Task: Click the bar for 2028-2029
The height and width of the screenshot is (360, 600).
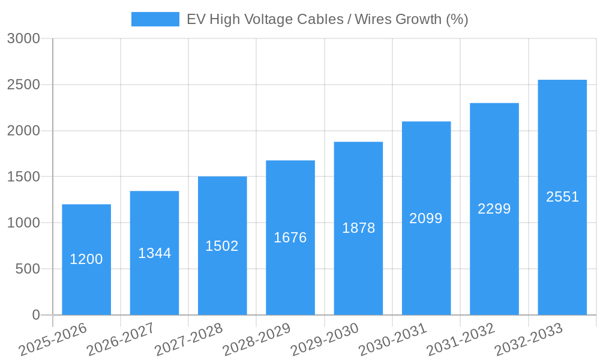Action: pyautogui.click(x=290, y=270)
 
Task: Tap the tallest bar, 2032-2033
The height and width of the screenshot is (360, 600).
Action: pyautogui.click(x=562, y=240)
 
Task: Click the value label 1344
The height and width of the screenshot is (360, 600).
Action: pyautogui.click(x=155, y=253)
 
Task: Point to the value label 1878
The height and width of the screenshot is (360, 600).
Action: pyautogui.click(x=359, y=228)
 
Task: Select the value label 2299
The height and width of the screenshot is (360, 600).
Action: pyautogui.click(x=494, y=209)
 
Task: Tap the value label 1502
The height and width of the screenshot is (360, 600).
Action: pyautogui.click(x=222, y=246)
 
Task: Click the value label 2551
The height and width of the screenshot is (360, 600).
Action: pyautogui.click(x=562, y=197)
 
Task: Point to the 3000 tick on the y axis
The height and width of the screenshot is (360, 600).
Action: pyautogui.click(x=24, y=39)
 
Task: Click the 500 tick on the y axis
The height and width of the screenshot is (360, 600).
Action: pyautogui.click(x=28, y=269)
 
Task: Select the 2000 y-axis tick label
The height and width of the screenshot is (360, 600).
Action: pyautogui.click(x=24, y=131)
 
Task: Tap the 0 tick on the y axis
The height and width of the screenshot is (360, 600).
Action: pyautogui.click(x=36, y=315)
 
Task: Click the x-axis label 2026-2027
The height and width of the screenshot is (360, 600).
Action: pyautogui.click(x=121, y=340)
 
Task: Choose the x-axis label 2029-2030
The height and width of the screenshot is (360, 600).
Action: pyautogui.click(x=325, y=340)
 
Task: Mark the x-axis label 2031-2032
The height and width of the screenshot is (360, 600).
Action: pyautogui.click(x=461, y=340)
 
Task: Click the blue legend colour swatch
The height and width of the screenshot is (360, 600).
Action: pyautogui.click(x=155, y=19)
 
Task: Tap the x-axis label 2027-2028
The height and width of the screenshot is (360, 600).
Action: pyautogui.click(x=188, y=340)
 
